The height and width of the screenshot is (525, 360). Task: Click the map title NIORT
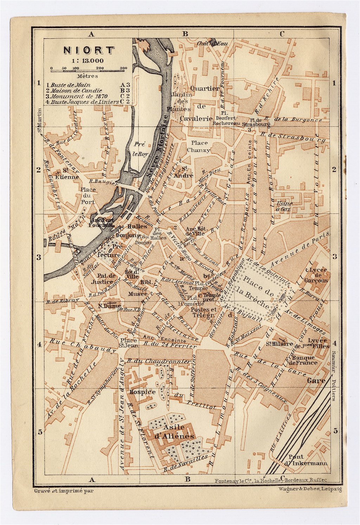(89, 50)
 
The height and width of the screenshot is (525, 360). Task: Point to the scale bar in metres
(89, 71)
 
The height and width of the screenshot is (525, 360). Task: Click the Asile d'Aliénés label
(174, 431)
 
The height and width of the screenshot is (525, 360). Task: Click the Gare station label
(316, 380)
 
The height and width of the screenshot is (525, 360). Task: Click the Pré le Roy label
(142, 149)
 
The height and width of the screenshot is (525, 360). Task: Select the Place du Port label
(88, 196)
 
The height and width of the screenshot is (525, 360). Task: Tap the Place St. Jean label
(128, 342)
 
